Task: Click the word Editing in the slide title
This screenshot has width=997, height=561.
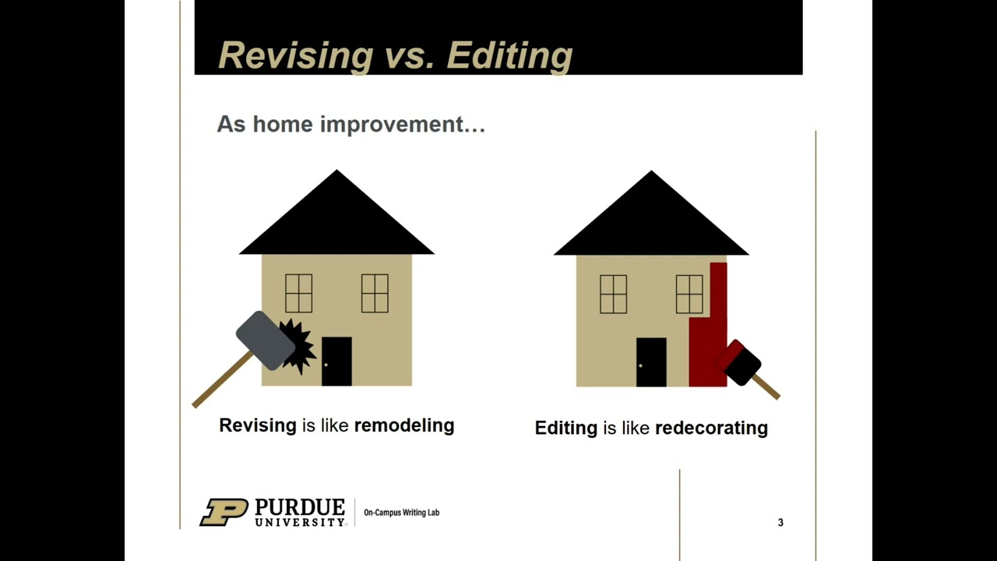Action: click(x=510, y=55)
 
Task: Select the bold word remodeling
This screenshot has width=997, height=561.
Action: click(x=403, y=425)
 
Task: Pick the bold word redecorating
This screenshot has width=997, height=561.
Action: click(x=711, y=428)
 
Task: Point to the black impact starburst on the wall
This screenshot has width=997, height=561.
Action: click(x=297, y=345)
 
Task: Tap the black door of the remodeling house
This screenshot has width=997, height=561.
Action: click(x=336, y=362)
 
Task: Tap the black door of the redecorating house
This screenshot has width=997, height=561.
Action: click(x=651, y=362)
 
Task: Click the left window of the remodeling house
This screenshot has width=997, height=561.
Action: click(x=298, y=293)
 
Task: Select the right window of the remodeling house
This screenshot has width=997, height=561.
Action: click(x=375, y=293)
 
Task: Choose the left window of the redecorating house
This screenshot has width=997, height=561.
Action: click(x=613, y=294)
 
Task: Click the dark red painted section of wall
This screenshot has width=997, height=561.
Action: click(x=707, y=343)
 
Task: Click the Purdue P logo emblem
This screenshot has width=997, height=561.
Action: click(x=224, y=512)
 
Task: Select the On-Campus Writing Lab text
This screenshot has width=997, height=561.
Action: click(x=401, y=513)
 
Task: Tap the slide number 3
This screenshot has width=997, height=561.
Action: click(x=780, y=522)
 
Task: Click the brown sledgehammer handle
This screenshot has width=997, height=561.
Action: click(x=221, y=380)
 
